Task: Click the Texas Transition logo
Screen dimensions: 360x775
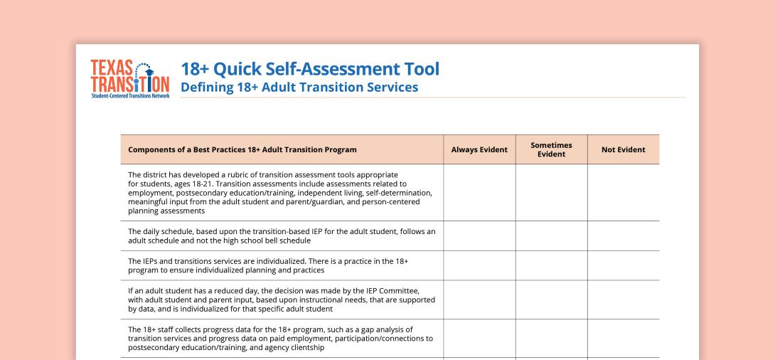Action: (x=130, y=78)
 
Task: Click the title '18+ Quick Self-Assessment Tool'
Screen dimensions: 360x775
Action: (x=310, y=69)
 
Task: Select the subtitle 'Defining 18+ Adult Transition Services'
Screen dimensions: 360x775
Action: (x=299, y=88)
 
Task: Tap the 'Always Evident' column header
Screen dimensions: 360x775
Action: (x=479, y=149)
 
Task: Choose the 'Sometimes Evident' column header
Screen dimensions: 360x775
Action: (x=551, y=149)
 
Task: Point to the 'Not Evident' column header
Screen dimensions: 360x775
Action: (x=623, y=149)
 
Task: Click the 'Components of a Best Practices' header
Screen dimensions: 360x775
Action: (x=242, y=149)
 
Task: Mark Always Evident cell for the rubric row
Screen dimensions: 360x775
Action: (x=479, y=192)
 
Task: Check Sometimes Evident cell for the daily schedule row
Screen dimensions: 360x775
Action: (x=551, y=235)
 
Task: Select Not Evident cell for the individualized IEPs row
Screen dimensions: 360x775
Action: (x=623, y=265)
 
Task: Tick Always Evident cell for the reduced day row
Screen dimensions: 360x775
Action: (x=479, y=300)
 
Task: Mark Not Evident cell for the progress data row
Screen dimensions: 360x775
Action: (x=623, y=338)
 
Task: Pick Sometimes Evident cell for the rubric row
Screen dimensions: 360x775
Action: (x=551, y=192)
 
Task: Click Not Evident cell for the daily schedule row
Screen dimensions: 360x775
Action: (x=623, y=235)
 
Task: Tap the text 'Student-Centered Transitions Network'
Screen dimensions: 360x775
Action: (x=130, y=95)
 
